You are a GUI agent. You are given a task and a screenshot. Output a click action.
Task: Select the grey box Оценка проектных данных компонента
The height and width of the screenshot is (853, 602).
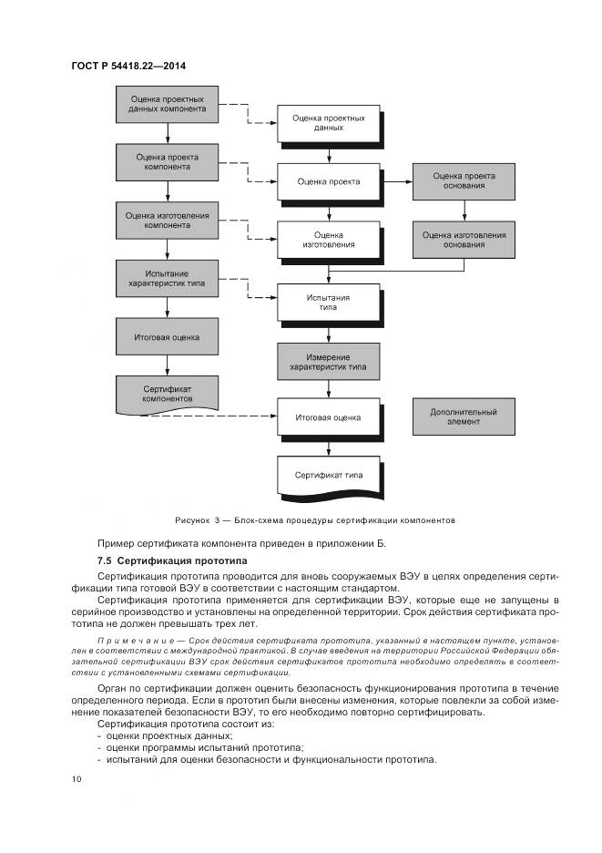[x=167, y=104]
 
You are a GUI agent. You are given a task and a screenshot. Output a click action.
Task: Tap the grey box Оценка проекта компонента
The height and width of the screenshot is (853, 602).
[x=167, y=161]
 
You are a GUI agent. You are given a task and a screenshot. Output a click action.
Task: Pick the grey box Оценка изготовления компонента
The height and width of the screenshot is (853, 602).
[x=167, y=221]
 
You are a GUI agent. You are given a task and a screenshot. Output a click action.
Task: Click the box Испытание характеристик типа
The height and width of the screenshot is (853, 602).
[x=167, y=278]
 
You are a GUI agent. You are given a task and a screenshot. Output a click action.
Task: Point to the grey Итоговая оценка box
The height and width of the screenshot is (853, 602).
[x=167, y=336]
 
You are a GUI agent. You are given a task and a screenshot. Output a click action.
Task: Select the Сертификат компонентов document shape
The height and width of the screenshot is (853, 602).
[x=167, y=394]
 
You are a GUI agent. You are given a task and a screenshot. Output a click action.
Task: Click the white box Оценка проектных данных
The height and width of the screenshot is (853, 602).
[x=328, y=123]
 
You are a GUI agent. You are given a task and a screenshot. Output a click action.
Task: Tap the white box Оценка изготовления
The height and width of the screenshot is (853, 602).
[x=328, y=239]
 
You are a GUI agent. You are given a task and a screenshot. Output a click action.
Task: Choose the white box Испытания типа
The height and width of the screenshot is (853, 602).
[x=328, y=302]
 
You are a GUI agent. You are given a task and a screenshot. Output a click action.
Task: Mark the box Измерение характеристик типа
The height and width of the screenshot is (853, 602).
[x=328, y=360]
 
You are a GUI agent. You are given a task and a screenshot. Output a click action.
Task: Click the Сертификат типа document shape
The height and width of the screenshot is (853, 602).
[x=328, y=475]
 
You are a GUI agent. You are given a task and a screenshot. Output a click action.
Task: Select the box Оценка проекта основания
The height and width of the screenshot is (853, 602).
[x=464, y=180]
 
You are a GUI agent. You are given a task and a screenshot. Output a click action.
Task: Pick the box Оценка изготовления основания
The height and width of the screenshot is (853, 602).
[x=464, y=239]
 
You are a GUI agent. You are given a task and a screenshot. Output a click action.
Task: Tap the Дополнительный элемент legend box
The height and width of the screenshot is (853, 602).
[x=464, y=417]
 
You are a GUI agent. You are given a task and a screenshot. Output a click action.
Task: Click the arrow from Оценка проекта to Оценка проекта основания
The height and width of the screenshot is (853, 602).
[x=396, y=181]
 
